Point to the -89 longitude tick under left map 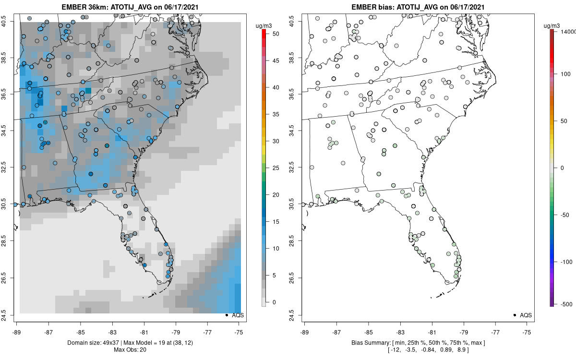[x=17, y=332]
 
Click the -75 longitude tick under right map [x=527, y=332]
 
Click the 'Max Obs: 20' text [x=130, y=349]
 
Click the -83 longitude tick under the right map [x=400, y=332]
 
